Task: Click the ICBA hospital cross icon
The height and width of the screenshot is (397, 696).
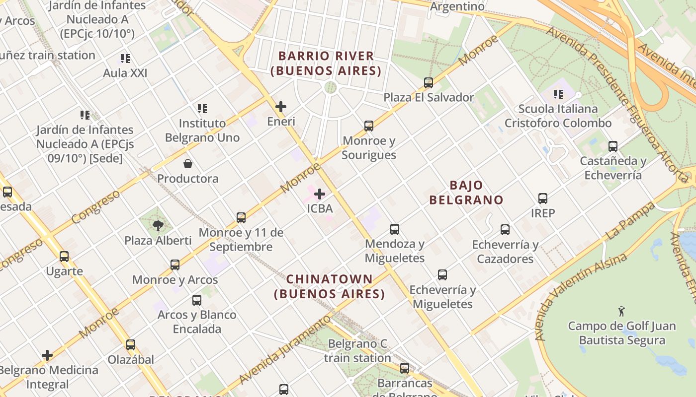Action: click(x=320, y=194)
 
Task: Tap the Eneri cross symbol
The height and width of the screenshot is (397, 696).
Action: click(x=281, y=107)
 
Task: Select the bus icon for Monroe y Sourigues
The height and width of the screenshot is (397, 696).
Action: click(x=368, y=126)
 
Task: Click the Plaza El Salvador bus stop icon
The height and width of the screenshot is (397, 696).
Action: click(x=428, y=83)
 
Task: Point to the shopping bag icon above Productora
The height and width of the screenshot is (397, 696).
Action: click(x=188, y=164)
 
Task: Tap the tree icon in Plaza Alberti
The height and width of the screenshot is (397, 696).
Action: click(x=158, y=226)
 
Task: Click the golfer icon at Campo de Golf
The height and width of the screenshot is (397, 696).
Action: click(x=621, y=312)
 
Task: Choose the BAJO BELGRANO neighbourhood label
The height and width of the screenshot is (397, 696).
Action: click(x=466, y=193)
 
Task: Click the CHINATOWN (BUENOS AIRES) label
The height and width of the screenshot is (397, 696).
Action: click(x=330, y=286)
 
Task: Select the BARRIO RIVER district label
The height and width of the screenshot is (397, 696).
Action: click(x=326, y=63)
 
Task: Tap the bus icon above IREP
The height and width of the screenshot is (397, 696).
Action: click(x=542, y=198)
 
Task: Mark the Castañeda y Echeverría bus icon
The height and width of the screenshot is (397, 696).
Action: click(x=612, y=146)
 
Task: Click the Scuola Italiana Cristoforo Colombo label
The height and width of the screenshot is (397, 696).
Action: click(x=558, y=116)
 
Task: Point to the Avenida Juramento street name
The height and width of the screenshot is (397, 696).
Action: click(x=284, y=350)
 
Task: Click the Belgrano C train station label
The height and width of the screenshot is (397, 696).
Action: click(x=357, y=351)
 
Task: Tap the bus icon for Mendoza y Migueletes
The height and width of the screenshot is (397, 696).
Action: click(x=394, y=229)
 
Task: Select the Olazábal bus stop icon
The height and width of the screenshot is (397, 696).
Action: click(x=131, y=345)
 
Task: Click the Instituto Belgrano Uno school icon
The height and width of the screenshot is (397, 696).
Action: click(x=202, y=108)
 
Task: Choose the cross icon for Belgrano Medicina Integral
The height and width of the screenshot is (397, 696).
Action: click(x=47, y=355)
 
